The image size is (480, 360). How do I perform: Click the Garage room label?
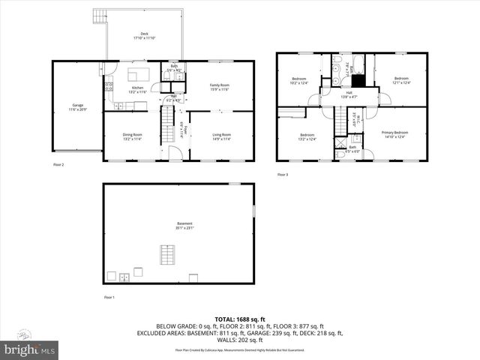(x=78, y=107)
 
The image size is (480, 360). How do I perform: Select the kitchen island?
(x=139, y=74)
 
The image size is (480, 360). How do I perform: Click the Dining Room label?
(x=133, y=136)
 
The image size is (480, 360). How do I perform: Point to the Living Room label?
(x=221, y=136)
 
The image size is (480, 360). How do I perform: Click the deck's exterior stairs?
(x=100, y=16)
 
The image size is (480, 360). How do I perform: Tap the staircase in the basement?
(x=164, y=254)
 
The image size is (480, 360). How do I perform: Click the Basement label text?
(x=184, y=226)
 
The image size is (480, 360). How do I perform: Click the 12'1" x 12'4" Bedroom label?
(x=402, y=80)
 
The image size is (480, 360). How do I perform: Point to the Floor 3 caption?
(x=283, y=174)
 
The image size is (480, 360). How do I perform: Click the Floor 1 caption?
(x=109, y=298)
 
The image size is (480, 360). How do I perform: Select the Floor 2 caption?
(x=58, y=164)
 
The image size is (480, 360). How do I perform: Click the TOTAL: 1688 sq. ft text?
(x=240, y=319)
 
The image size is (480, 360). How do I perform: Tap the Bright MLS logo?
(x=30, y=349)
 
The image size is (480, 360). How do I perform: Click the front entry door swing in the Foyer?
(x=174, y=154)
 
